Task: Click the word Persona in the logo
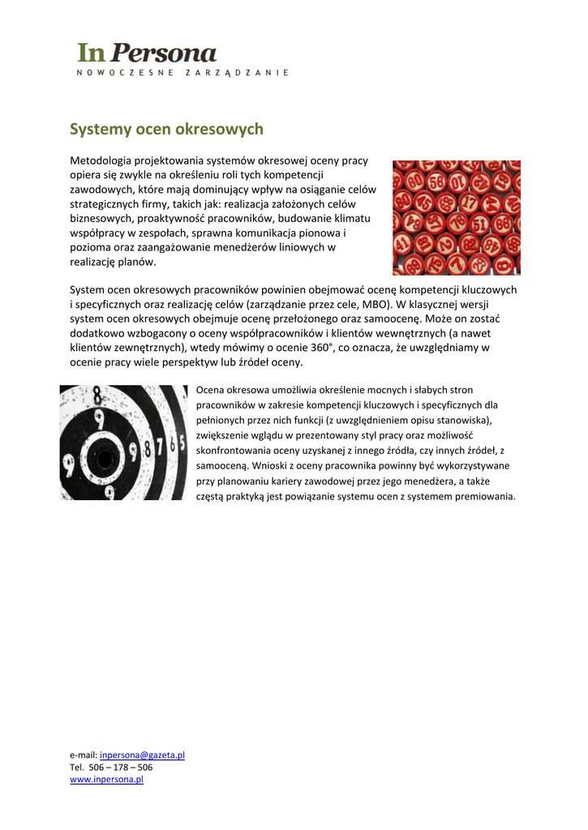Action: click(163, 53)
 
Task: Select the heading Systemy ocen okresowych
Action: click(166, 129)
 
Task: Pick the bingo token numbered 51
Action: click(480, 223)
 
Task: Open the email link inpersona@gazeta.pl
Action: click(142, 755)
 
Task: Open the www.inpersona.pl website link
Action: click(106, 779)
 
